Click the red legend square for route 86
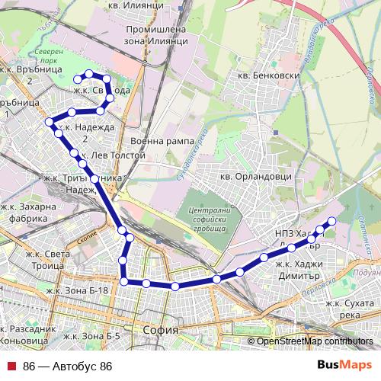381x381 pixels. click(11, 367)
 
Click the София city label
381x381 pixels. click(160, 330)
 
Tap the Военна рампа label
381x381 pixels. click(158, 142)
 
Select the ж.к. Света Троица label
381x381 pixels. click(50, 260)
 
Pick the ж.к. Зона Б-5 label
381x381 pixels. click(91, 336)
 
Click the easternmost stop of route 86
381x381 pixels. click(331, 222)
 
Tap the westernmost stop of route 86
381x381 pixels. click(50, 122)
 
